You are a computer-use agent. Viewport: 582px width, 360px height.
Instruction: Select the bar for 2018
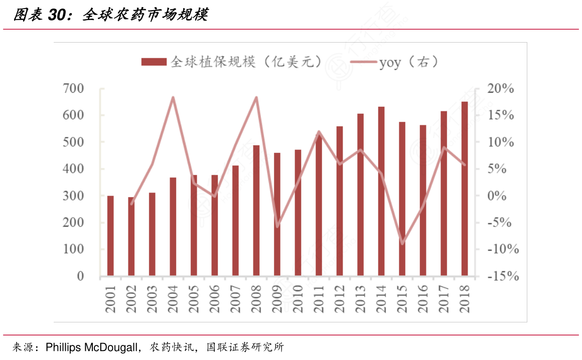pos(465,189)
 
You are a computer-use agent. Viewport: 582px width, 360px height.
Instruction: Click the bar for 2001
pos(110,236)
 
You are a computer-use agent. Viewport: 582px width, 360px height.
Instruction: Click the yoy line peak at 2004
pos(173,97)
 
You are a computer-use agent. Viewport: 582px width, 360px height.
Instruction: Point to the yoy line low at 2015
pos(402,244)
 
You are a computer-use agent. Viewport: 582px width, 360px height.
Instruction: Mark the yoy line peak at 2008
pos(256,97)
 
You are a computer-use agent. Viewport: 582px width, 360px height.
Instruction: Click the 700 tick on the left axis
pos(73,89)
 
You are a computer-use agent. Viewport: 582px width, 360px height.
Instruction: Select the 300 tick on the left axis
pos(73,196)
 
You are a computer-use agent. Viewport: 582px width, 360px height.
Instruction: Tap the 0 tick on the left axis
pos(80,276)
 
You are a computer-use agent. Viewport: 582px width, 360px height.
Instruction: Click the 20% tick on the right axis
pos(501,89)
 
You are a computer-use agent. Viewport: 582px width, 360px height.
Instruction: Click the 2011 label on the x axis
pos(319,299)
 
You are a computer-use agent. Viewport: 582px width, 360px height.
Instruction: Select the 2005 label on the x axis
pos(194,299)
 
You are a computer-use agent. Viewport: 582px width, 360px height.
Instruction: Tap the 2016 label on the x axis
pos(423,299)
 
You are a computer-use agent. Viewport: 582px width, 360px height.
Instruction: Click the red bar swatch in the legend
pos(154,62)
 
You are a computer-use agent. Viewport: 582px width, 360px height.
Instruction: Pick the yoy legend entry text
pos(390,62)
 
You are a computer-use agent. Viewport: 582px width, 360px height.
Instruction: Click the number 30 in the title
pos(58,16)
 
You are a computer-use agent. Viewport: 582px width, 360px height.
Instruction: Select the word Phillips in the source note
pos(62,347)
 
